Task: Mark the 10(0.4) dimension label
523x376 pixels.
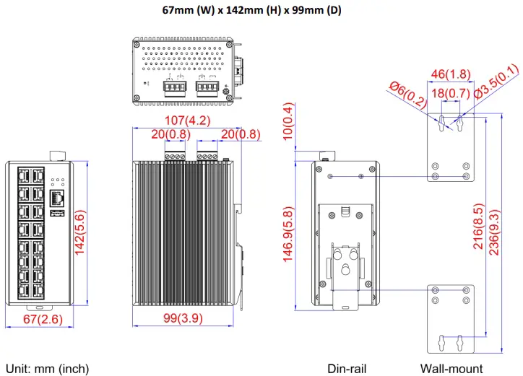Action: pyautogui.click(x=288, y=121)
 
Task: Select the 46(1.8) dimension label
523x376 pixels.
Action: pyautogui.click(x=451, y=74)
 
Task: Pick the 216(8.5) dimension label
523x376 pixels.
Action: pyautogui.click(x=478, y=226)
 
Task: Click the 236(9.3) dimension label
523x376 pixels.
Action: pyautogui.click(x=494, y=226)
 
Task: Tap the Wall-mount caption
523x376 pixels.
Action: pyautogui.click(x=451, y=369)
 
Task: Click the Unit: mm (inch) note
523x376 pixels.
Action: pyautogui.click(x=47, y=369)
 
